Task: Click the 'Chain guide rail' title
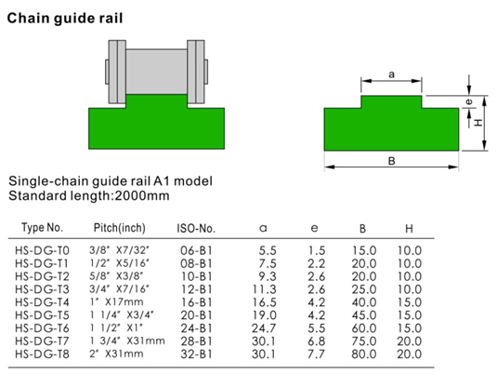(65, 19)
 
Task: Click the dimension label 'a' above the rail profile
(391, 74)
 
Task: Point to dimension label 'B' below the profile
(391, 161)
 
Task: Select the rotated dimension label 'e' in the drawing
(469, 101)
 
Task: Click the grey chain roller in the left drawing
(157, 72)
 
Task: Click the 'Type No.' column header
(42, 228)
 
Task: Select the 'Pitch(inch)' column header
(120, 228)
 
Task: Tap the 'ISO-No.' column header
(196, 229)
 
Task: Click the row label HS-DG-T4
(42, 302)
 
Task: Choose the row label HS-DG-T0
(42, 251)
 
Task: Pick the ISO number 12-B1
(197, 289)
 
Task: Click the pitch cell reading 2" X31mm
(116, 354)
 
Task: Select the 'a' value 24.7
(264, 328)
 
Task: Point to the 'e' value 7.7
(317, 354)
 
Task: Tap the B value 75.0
(364, 341)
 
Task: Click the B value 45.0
(364, 315)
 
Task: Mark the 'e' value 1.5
(317, 251)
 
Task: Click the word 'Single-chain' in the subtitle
(48, 181)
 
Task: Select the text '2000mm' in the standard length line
(142, 195)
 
